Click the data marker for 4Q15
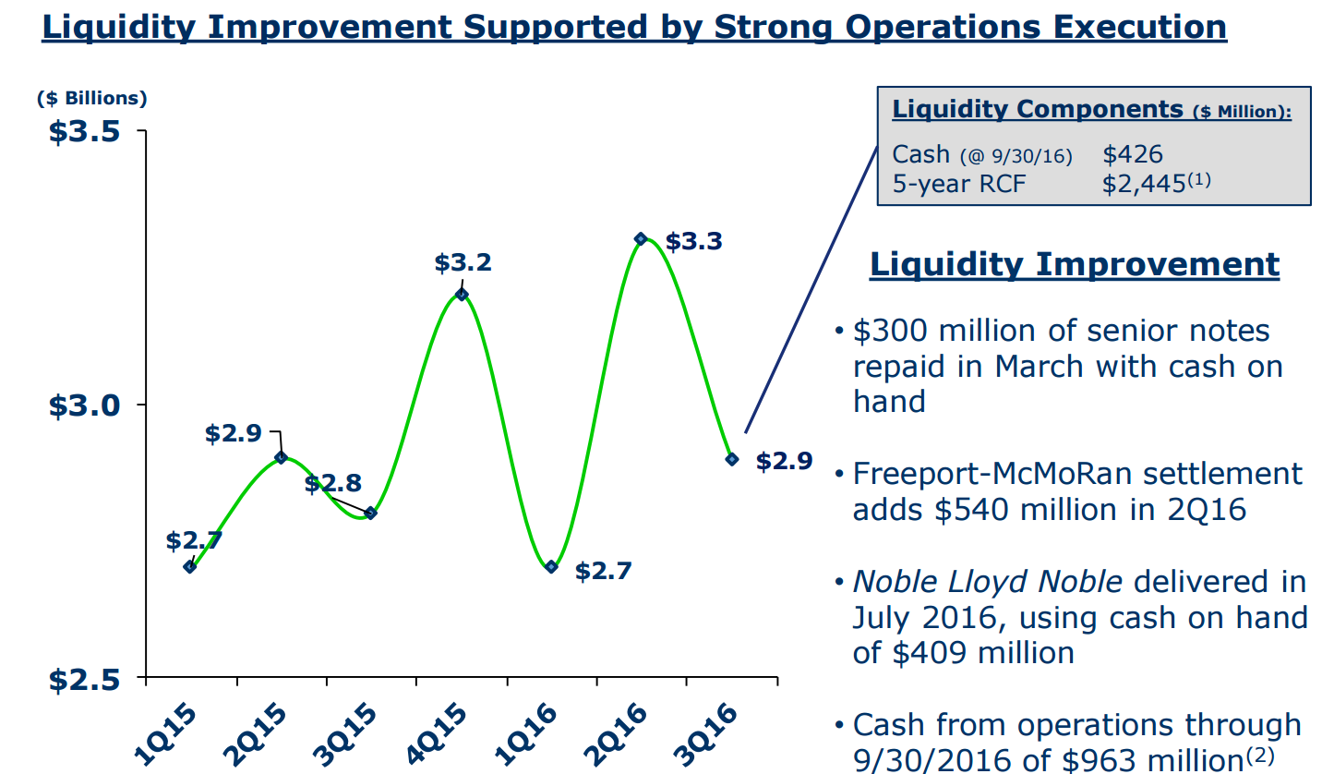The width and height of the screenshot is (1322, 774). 462,295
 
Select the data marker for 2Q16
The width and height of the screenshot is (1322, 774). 641,239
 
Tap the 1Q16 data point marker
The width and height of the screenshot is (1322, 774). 551,567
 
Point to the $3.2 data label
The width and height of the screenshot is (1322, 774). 463,263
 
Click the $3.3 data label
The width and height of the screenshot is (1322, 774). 693,242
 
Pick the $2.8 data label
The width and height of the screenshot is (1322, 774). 332,484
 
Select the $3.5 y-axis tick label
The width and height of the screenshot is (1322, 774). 84,131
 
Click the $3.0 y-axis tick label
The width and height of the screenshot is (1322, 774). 84,405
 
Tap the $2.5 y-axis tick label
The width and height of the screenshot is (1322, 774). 84,679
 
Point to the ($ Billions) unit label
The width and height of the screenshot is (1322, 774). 91,97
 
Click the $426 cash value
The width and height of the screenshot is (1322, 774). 1132,154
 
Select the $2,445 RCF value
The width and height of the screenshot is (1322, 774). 1143,184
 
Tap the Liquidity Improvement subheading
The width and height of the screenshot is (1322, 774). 1075,264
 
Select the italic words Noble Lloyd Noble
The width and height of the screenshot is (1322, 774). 987,582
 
